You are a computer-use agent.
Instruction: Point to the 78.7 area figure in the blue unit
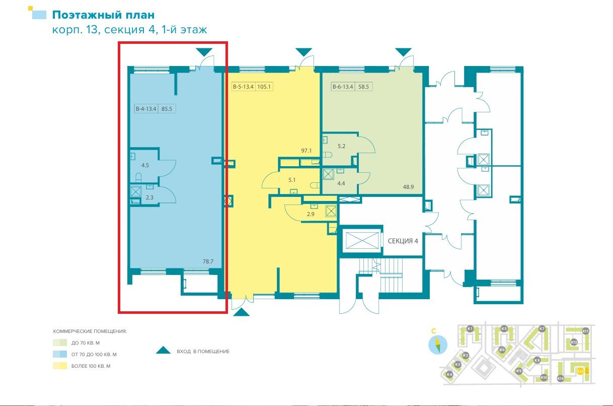[x=208, y=261]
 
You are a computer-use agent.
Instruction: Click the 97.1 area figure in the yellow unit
[x=307, y=151]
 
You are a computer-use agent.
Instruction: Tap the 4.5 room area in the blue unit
[x=145, y=165]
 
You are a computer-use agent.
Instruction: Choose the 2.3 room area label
[x=149, y=197]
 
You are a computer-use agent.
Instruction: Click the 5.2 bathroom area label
[x=342, y=147]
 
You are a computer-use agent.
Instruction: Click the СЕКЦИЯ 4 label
[x=403, y=241]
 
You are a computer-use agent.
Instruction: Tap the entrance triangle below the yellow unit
[x=242, y=312]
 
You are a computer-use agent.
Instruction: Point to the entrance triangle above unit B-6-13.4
[x=403, y=52]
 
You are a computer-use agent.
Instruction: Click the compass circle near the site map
[x=437, y=345]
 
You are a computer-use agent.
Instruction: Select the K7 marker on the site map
[x=542, y=329]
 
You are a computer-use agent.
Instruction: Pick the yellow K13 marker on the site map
[x=580, y=371]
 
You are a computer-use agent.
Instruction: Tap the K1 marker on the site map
[x=470, y=329]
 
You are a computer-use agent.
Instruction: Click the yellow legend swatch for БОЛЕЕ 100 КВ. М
[x=59, y=366]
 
